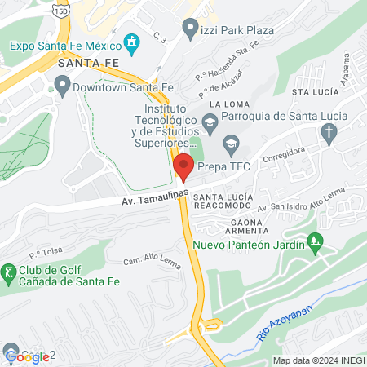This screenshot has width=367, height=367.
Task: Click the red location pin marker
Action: [x=183, y=166]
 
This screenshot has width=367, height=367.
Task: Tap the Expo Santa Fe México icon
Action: [x=130, y=42]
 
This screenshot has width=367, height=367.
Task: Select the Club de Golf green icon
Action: [x=9, y=270]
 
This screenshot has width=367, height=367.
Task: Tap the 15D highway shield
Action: [x=60, y=10]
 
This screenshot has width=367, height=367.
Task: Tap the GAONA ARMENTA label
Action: [x=244, y=227]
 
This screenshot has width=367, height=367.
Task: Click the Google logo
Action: [x=28, y=356]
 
